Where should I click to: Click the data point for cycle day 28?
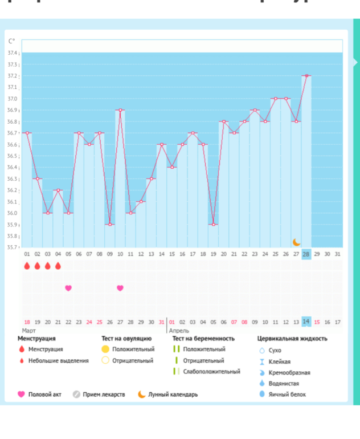tap(306, 75)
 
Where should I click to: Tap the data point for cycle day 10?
tap(120, 110)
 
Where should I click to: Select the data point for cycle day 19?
tap(214, 224)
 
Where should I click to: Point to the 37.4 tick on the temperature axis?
tap(13, 53)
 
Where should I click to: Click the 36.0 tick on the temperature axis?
tap(13, 213)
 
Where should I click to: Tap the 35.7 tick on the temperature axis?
tap(13, 247)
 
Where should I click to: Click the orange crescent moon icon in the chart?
tap(296, 242)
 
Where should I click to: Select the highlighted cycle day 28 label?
tap(306, 254)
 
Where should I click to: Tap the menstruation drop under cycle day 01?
tap(27, 266)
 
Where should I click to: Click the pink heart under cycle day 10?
tap(120, 288)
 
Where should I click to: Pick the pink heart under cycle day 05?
tap(68, 288)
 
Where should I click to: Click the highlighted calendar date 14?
tap(306, 322)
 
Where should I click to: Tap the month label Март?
tap(29, 331)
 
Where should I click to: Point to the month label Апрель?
tap(179, 331)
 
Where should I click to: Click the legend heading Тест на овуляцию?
tap(126, 339)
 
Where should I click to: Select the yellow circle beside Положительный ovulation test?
tap(105, 349)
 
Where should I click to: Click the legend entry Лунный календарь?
tap(173, 395)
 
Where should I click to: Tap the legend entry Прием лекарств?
tap(104, 395)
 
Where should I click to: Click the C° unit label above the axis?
tap(12, 41)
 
